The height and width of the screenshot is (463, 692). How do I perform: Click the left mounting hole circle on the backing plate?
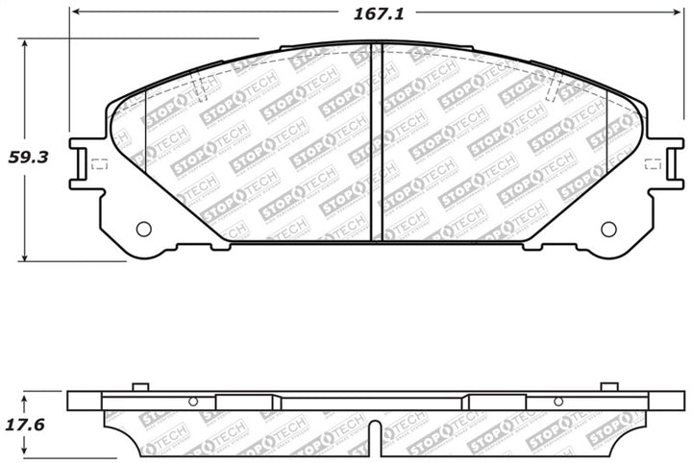pos(144,228)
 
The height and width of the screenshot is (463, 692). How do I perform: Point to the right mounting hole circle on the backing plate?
pos(607,228)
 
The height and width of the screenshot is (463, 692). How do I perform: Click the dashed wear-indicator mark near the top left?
pos(201,88)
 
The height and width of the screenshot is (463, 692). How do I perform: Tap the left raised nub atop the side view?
pos(139,386)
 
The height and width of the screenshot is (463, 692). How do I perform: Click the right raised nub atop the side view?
pos(607,386)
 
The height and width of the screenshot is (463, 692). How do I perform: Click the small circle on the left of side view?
pos(193,402)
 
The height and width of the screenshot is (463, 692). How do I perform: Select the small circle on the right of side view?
pos(556,402)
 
